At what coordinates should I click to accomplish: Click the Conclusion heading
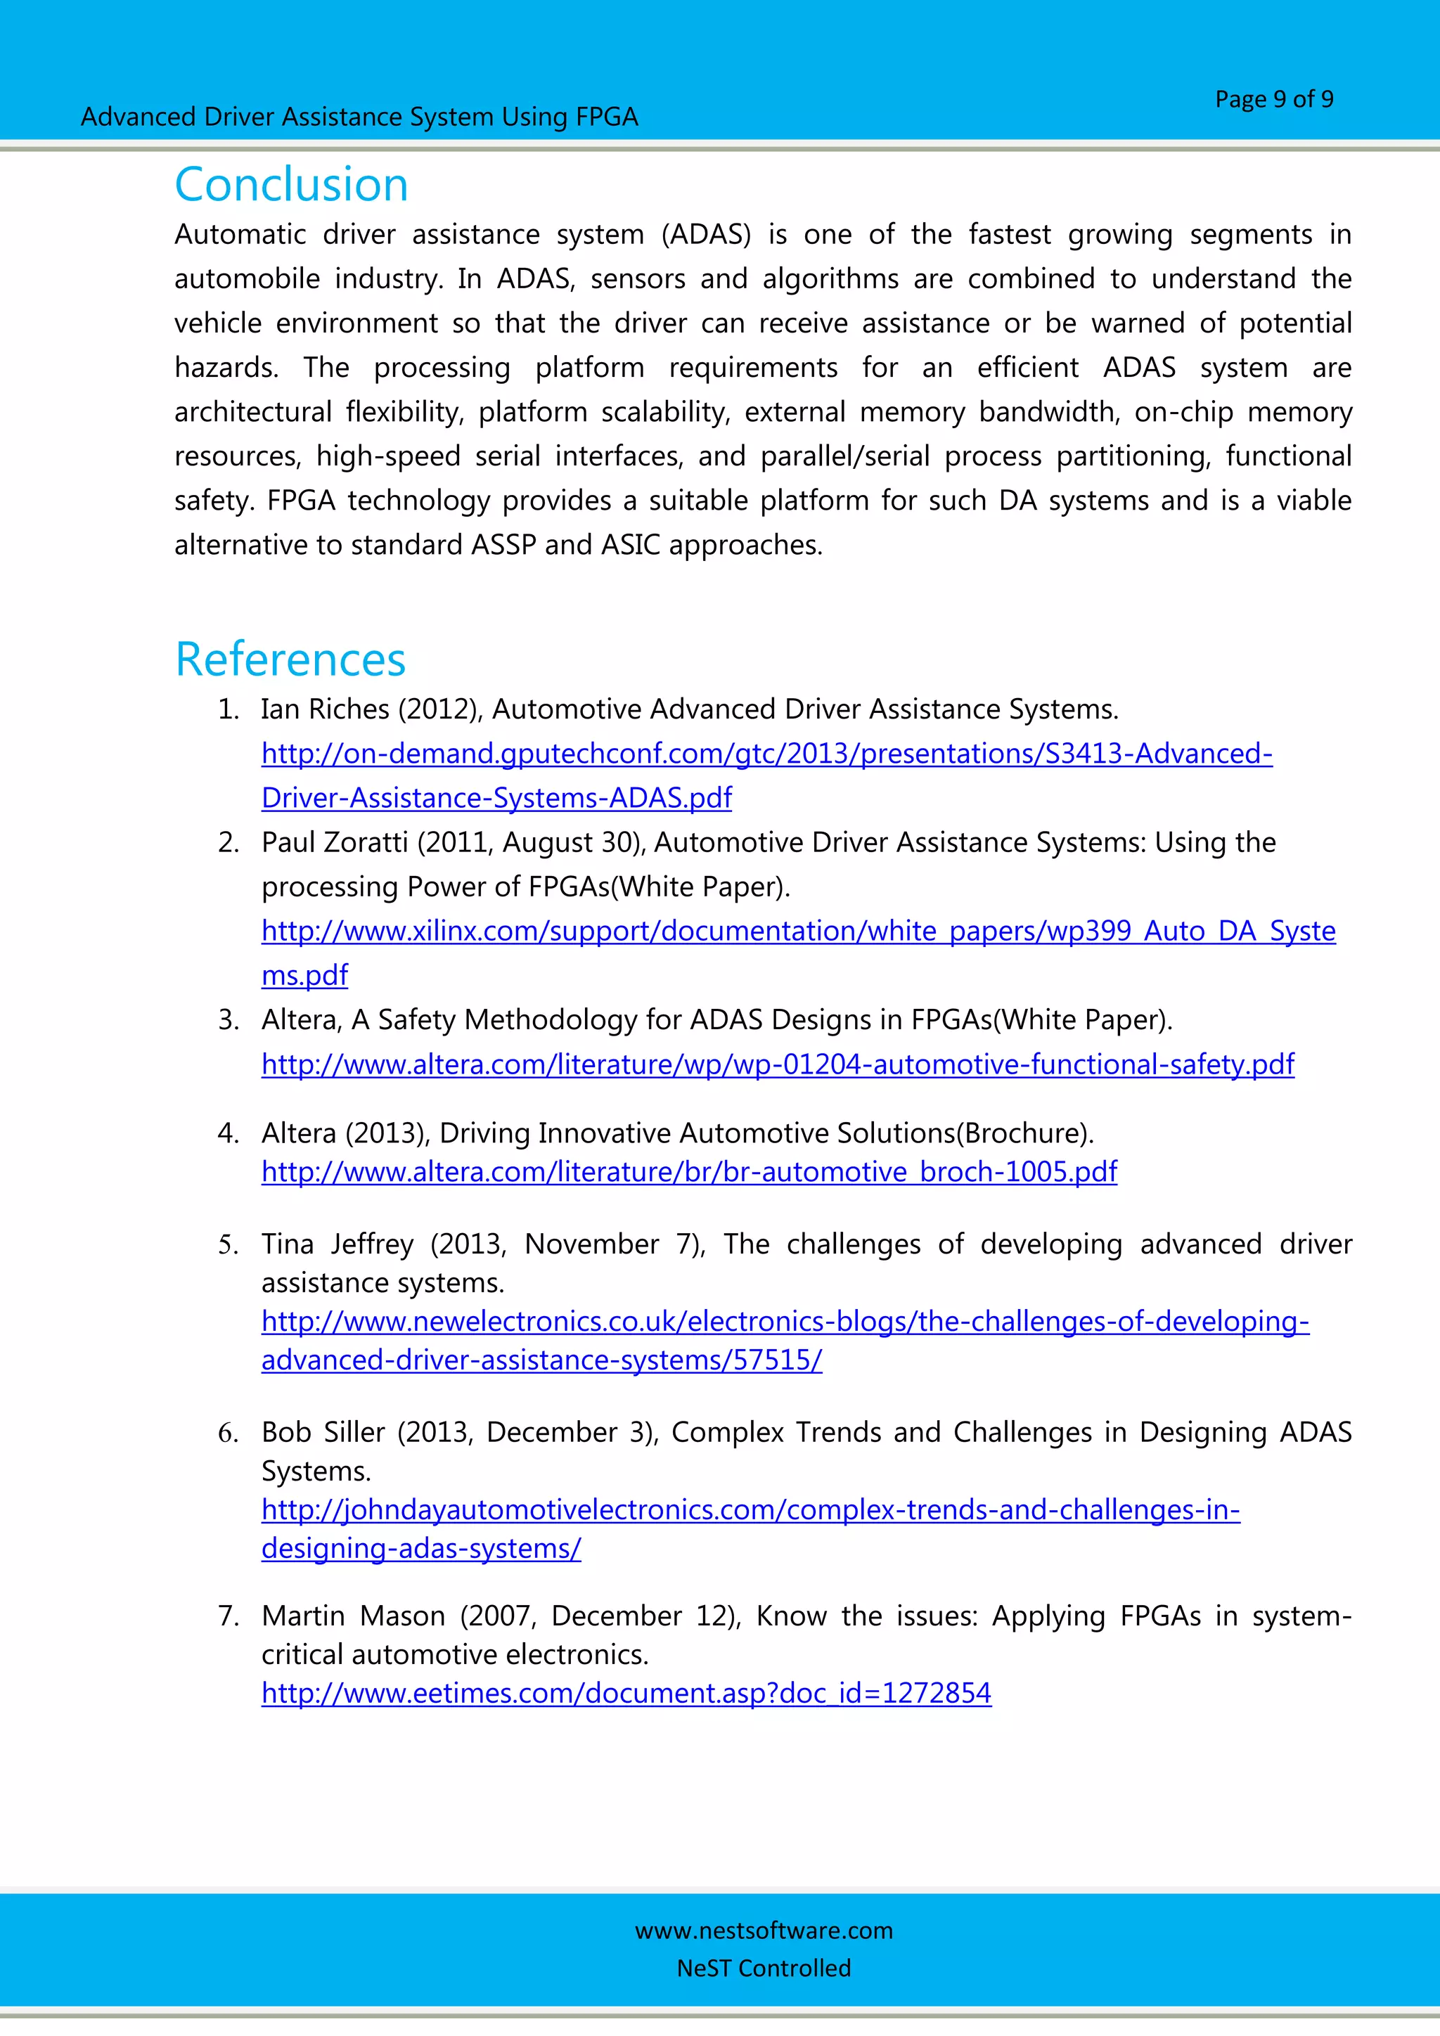click(291, 184)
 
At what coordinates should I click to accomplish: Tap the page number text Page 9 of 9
click(1273, 99)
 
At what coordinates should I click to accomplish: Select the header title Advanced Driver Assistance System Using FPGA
click(359, 117)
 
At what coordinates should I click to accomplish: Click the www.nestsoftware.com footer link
click(764, 1930)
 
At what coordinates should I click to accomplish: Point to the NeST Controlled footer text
click(764, 1968)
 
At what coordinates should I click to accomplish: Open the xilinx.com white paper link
click(798, 931)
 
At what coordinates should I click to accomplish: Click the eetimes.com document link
click(626, 1693)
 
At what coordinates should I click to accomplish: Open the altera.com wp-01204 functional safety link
click(778, 1064)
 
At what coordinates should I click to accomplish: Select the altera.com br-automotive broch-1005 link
click(689, 1172)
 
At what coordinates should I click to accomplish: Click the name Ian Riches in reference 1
click(325, 709)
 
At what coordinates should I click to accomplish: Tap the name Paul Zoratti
click(334, 842)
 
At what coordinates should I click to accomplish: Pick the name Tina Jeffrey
click(337, 1244)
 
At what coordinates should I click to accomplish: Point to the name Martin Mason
click(353, 1616)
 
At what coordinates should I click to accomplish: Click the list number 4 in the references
click(227, 1133)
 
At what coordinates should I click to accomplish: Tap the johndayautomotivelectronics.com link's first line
click(750, 1510)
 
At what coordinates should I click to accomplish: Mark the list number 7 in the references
click(227, 1616)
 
